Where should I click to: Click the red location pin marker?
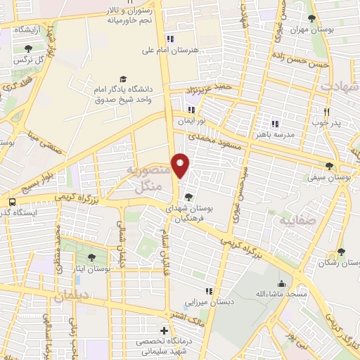point(181,165)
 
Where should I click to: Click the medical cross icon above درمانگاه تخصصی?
point(164,330)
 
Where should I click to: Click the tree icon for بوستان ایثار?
point(91,258)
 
